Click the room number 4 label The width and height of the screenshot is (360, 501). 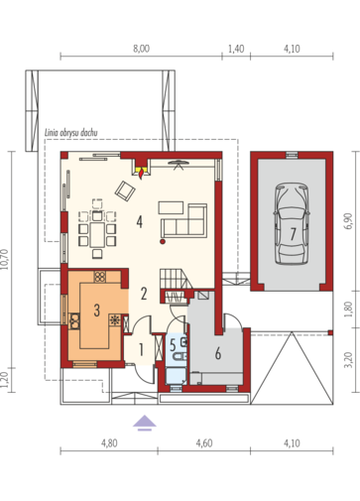click(x=139, y=221)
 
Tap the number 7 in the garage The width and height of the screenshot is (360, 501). click(x=293, y=234)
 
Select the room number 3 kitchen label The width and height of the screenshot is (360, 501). click(x=96, y=311)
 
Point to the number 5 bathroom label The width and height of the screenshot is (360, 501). click(x=173, y=345)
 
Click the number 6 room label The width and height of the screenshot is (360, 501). click(x=218, y=353)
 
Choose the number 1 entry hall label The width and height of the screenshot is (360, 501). click(x=141, y=350)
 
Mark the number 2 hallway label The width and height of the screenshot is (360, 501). click(x=144, y=294)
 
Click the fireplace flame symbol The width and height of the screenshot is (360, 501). click(x=142, y=174)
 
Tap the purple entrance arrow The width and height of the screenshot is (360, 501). click(x=145, y=424)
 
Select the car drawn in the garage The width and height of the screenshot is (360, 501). click(x=292, y=224)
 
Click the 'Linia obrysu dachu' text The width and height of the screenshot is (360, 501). click(x=71, y=133)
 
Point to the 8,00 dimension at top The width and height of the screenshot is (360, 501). click(x=141, y=49)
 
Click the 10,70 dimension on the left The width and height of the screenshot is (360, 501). click(x=5, y=260)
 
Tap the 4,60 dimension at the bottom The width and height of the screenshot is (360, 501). click(x=204, y=443)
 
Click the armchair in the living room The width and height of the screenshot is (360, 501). click(x=125, y=190)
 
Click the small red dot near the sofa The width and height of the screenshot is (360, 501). click(x=163, y=242)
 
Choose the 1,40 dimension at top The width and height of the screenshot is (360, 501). click(x=236, y=49)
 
